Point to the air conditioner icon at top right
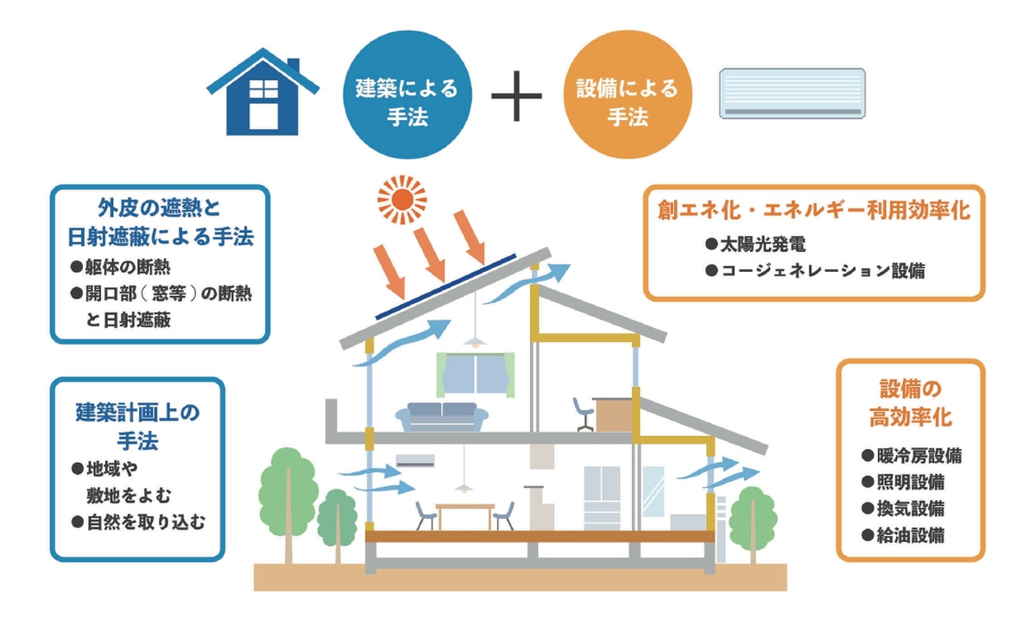pyautogui.click(x=792, y=93)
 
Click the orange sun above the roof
pyautogui.click(x=402, y=199)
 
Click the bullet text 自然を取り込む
pyautogui.click(x=138, y=522)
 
